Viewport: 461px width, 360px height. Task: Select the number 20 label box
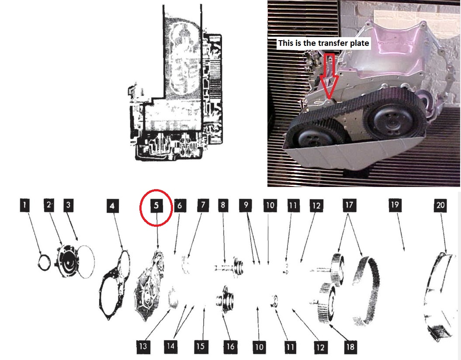pos(440,205)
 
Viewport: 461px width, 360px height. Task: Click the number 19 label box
pos(395,204)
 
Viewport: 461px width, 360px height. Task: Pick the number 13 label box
pos(142,346)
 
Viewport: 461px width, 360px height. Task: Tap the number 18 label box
pos(350,347)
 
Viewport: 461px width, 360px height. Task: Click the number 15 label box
pos(201,346)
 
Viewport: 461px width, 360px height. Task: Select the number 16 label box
pos(230,346)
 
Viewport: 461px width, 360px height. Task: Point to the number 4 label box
pos(112,205)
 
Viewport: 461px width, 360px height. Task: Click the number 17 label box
pos(349,205)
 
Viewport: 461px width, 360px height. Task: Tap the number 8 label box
pos(223,205)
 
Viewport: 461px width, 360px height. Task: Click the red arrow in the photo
pos(329,76)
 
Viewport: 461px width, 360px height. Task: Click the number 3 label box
pos(68,205)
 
